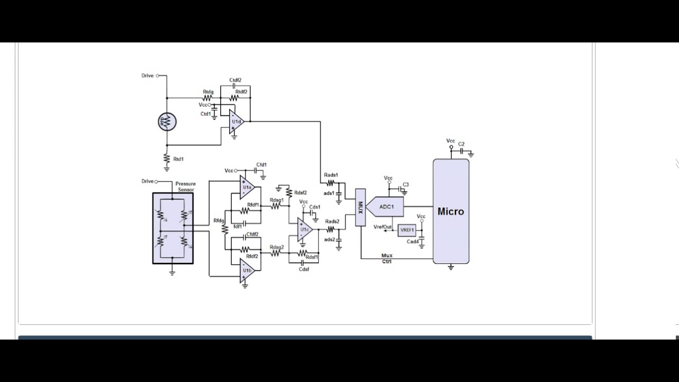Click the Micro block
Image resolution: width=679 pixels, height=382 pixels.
[x=451, y=211]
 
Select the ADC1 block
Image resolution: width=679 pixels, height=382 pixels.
[x=386, y=206]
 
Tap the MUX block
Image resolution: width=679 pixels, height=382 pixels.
[x=360, y=207]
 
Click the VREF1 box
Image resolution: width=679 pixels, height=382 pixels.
[x=407, y=230]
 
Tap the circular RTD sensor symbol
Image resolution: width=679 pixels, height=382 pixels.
[x=167, y=122]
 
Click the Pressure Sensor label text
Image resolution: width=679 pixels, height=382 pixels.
[x=185, y=187]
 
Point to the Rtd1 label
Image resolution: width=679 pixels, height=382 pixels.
[x=179, y=159]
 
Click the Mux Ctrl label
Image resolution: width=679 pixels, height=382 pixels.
[x=387, y=259]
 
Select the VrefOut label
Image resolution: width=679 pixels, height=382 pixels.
[x=382, y=227]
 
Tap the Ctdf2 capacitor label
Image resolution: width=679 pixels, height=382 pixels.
[x=236, y=80]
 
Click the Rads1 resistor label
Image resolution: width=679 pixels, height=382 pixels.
[x=331, y=175]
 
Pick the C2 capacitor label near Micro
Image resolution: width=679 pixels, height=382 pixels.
[x=461, y=144]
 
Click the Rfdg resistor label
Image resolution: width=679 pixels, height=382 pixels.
[x=219, y=221]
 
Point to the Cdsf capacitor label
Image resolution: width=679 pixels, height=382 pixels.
[x=304, y=269]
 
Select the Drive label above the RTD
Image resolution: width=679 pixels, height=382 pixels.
[x=147, y=76]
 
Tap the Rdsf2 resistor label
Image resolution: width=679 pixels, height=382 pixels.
[x=300, y=193]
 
